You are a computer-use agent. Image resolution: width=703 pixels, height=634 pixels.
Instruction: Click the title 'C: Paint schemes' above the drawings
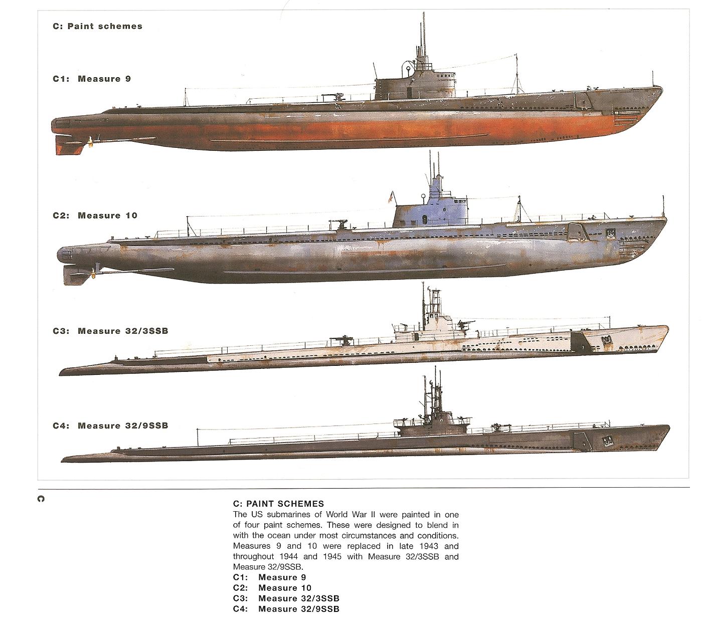pos(97,26)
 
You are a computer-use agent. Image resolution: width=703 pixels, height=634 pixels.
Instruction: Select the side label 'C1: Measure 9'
pos(92,79)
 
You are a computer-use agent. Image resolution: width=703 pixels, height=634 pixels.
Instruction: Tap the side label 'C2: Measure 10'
pos(95,216)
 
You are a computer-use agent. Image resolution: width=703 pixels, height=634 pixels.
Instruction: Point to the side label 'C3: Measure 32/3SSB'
pos(110,331)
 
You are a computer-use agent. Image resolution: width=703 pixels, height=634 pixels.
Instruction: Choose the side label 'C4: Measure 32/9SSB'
pos(110,426)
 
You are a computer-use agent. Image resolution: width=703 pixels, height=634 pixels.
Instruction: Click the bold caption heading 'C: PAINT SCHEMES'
pos(279,504)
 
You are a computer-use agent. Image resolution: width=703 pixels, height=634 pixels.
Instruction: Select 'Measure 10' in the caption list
pos(285,588)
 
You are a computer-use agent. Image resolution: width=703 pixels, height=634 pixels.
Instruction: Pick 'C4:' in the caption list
pos(240,609)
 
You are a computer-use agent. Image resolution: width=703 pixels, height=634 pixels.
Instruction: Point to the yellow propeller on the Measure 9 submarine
pos(91,140)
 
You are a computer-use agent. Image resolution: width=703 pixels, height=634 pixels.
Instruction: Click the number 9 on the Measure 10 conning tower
pos(424,220)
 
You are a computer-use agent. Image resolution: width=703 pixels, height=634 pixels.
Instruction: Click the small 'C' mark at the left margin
pos(41,499)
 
